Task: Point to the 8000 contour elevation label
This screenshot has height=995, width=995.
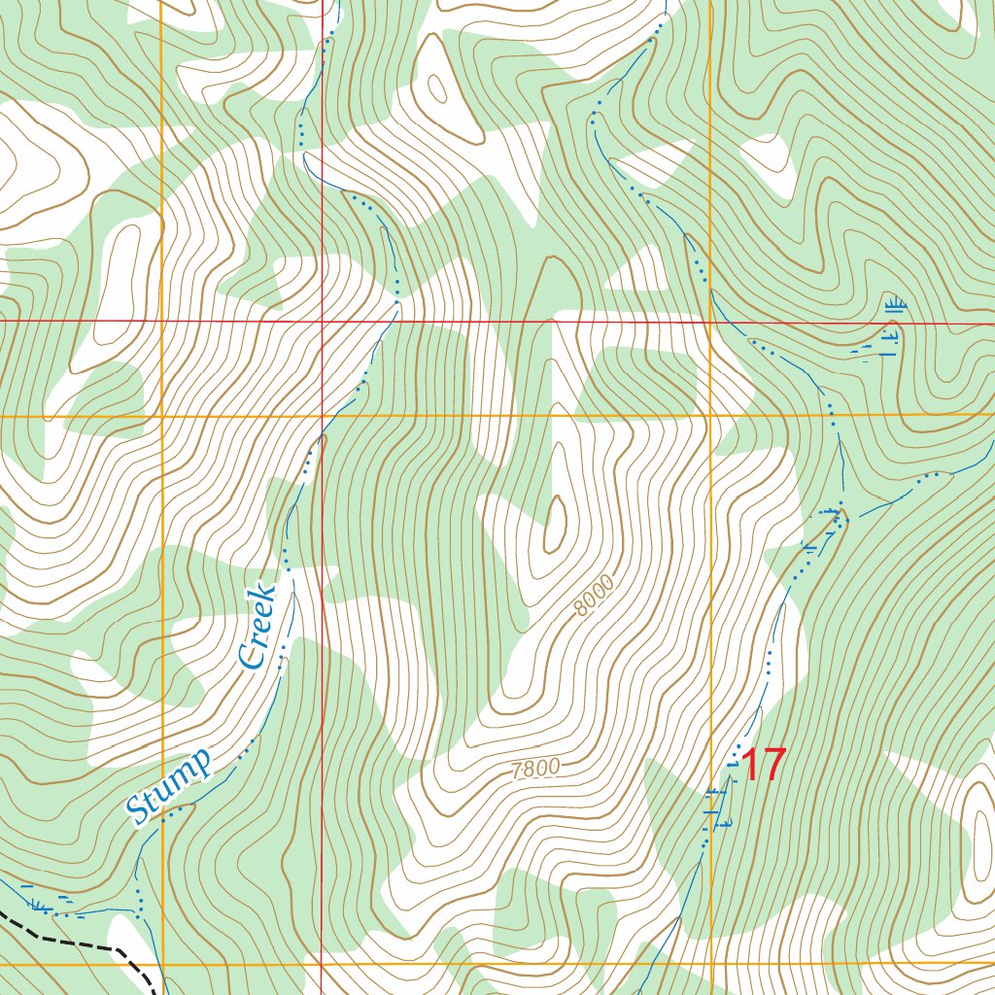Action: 594,597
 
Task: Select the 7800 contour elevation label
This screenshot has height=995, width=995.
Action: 535,769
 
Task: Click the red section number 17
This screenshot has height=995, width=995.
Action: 763,766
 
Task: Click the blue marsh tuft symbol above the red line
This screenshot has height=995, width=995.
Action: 895,307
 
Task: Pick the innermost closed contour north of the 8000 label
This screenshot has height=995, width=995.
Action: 555,524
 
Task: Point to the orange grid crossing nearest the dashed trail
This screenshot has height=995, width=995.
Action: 161,965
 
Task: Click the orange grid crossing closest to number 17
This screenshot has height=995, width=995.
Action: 711,965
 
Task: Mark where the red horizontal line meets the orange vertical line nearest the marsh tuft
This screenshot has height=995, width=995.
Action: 711,320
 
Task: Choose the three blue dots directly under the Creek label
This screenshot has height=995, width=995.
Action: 282,657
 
